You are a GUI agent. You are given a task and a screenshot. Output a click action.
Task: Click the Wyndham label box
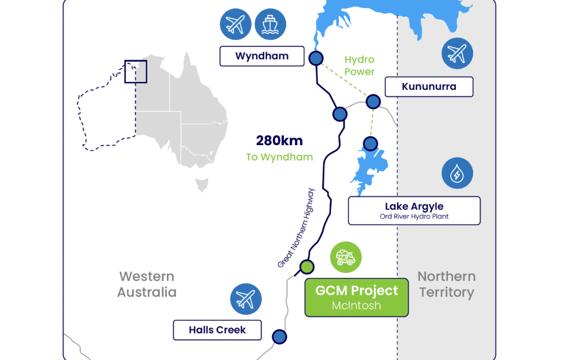[x=262, y=56]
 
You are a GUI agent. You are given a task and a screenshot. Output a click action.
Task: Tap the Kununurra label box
[x=429, y=87]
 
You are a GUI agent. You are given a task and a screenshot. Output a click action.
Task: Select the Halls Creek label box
[x=217, y=330]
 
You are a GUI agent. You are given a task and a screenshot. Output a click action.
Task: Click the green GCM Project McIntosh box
[x=356, y=298]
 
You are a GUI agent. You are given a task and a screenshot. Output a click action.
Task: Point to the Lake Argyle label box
[x=414, y=210]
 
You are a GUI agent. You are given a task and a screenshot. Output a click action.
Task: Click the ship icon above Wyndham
[x=270, y=24]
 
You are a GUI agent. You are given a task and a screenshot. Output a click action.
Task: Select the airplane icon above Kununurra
[x=457, y=53]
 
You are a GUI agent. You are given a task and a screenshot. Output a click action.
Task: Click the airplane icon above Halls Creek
[x=246, y=299]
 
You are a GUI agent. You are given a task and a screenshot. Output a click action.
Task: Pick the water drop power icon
[x=457, y=173]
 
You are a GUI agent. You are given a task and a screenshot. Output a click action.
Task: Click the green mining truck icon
[x=346, y=257]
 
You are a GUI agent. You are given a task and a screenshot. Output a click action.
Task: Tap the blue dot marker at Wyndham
[x=316, y=57]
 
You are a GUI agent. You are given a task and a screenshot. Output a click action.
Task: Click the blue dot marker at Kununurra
[x=373, y=101]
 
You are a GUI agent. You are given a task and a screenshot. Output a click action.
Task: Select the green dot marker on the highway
[x=306, y=266]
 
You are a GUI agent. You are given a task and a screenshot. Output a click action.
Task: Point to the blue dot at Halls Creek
[x=279, y=336]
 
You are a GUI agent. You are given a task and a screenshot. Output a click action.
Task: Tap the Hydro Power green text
[x=359, y=66]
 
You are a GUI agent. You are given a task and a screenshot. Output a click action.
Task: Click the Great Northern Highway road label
[x=297, y=228]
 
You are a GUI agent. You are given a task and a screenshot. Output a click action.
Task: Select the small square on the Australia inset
[x=135, y=72]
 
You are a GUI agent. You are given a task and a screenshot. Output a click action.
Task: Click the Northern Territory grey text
[x=446, y=285]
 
